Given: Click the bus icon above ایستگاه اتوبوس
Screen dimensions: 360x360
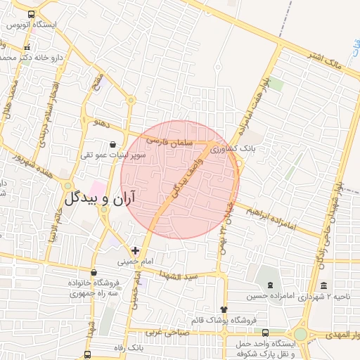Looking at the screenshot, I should [32, 14].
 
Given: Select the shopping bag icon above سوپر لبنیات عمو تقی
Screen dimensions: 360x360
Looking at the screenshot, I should [114, 145].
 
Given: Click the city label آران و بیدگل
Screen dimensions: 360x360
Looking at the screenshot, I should [101, 198].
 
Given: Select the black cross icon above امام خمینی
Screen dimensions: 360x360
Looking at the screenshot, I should [135, 250].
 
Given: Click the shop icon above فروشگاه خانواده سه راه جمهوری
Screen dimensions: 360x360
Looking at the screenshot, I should [94, 272].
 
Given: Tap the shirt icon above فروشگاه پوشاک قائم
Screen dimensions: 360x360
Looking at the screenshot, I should [224, 309].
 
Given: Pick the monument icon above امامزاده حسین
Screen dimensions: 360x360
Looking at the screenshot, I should [271, 285].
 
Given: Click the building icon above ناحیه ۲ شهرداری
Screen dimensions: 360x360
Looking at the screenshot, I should [323, 285].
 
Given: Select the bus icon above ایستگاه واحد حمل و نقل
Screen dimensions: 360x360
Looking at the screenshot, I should [265, 333].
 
